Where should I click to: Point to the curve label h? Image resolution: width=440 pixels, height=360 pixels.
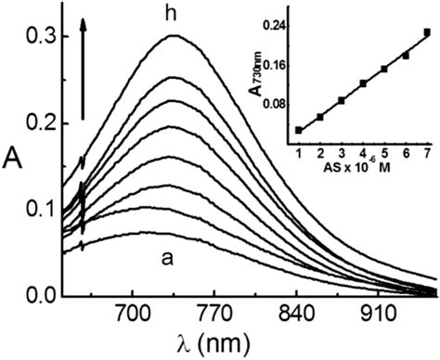(171, 13)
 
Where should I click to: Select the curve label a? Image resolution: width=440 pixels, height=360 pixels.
(167, 259)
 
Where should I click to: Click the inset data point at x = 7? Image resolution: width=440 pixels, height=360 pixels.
(427, 32)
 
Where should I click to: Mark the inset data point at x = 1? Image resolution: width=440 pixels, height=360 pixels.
(299, 130)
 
